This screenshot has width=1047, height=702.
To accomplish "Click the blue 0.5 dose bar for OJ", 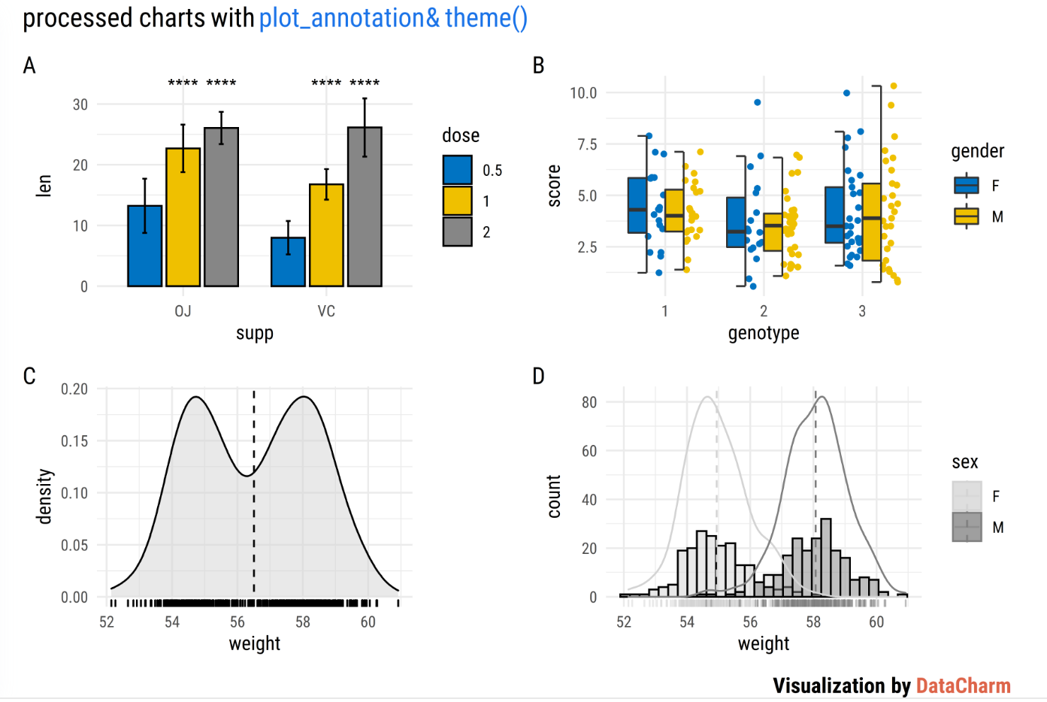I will coord(145,246).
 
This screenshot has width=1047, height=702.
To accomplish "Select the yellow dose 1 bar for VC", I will coord(326,235).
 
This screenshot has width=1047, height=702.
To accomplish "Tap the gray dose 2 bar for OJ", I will coord(221,207).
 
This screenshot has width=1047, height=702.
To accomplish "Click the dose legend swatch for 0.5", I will coord(457,170).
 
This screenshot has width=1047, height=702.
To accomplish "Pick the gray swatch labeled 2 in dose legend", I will coord(457,231).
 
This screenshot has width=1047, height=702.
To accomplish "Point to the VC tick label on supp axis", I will coord(326,311).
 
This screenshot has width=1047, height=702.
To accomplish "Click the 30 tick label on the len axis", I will coord(80,104).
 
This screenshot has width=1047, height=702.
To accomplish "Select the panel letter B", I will coord(538,66).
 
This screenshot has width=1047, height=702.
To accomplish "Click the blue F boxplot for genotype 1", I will coord(637,205).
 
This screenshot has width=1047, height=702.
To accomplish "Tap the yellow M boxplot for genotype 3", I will coord(871,222).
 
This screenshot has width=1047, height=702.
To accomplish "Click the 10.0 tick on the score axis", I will coord(583,93).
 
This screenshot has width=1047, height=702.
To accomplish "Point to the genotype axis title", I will coord(763,333).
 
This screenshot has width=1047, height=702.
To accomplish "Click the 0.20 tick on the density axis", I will coord(74,389).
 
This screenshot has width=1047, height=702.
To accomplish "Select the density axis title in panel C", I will coord(45,496).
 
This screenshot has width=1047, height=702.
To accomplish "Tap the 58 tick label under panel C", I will coord(303,622).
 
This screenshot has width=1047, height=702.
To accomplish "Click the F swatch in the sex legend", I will coord(967,496).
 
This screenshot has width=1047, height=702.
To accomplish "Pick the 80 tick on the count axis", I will coord(589,402).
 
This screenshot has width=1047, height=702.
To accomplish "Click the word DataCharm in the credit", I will coord(963,685).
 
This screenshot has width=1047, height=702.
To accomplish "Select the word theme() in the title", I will coord(486,18).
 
